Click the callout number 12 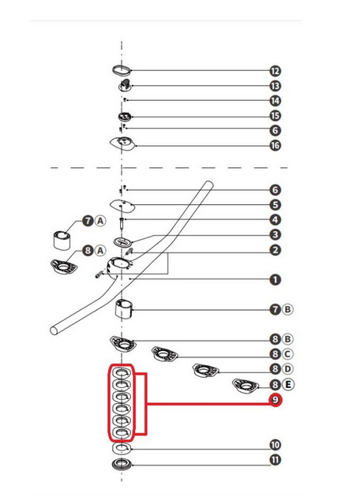275,71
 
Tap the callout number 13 275,86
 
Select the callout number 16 275,146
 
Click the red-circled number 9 275,400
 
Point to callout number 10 275,445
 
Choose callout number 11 275,460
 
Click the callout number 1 275,280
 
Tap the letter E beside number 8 288,384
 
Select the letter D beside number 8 287,368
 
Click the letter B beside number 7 287,309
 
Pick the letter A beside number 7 100,221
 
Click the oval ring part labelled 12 122,69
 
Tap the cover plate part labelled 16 122,144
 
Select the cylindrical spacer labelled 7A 62,240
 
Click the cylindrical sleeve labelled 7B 124,308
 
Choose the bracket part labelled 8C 165,354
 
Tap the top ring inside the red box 122,373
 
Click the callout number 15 275,116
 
